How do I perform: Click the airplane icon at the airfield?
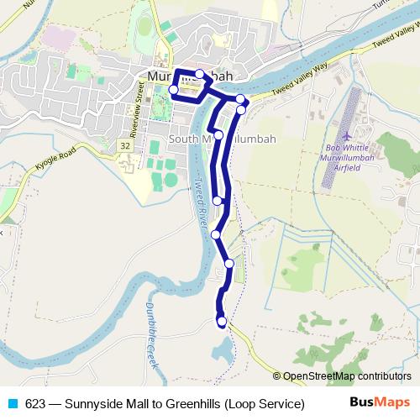pos(347,134)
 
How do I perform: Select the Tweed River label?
pos(200,202)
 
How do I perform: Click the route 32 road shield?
pos(125,146)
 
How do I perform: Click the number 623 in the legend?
pos(35,403)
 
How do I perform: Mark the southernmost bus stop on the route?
pos(222,321)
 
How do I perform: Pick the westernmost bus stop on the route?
pos(174,90)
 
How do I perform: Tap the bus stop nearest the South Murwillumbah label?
pos(218,134)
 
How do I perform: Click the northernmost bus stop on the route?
pos(199,74)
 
